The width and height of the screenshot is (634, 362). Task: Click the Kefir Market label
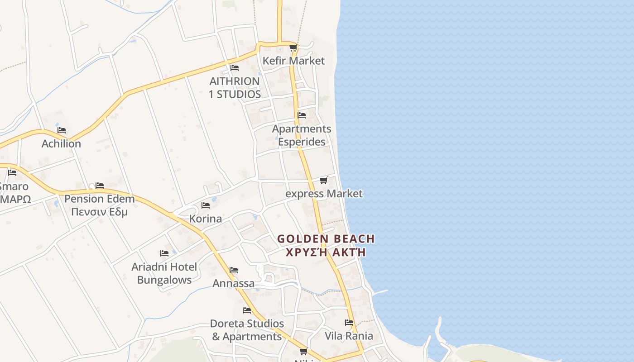tap(294, 61)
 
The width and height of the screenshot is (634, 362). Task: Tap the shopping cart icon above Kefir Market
tap(293, 48)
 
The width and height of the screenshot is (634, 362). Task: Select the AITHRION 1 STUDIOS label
tap(235, 87)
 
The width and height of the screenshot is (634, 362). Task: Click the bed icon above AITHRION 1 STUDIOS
tap(234, 68)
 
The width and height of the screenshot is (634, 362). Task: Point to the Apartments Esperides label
tap(302, 135)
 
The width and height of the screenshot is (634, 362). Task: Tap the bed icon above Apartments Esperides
tap(302, 115)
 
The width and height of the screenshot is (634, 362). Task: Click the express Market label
tap(324, 194)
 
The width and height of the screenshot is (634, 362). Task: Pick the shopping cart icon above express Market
tap(323, 181)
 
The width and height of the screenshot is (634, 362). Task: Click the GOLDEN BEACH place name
tap(326, 238)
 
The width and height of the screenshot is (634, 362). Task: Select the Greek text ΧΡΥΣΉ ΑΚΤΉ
tap(326, 252)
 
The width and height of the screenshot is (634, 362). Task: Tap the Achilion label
tap(61, 143)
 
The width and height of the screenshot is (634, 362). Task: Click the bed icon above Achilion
tap(62, 130)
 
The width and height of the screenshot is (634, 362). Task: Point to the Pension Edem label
tap(99, 199)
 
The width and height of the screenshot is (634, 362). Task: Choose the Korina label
tap(206, 219)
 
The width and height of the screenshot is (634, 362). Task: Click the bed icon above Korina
tap(206, 205)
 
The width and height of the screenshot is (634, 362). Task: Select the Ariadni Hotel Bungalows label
tap(164, 273)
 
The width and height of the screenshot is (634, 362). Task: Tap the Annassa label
tap(234, 283)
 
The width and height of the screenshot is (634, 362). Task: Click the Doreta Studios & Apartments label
tap(247, 330)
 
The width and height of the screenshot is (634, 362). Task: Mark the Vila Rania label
tap(349, 336)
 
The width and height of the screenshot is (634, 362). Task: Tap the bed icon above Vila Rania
tap(349, 323)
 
